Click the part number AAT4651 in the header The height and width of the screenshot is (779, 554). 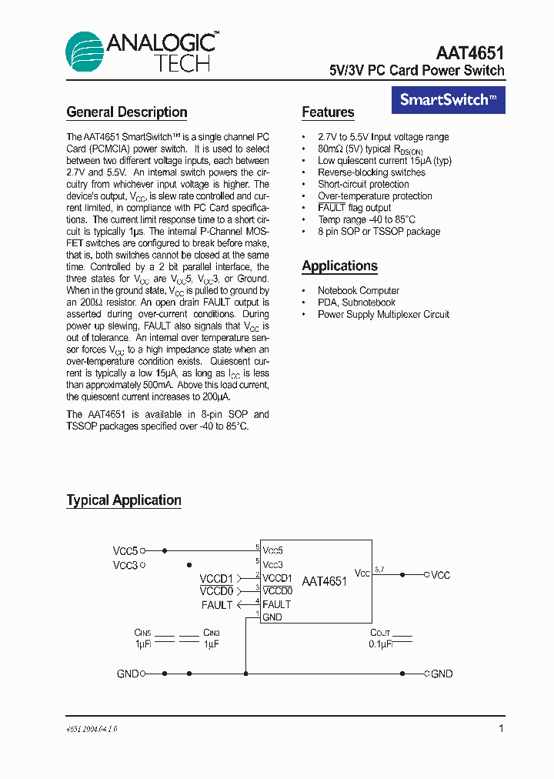coord(470,53)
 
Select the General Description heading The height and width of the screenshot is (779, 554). coord(127,112)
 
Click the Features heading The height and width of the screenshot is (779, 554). coord(328,112)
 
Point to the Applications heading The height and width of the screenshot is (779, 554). coord(339,266)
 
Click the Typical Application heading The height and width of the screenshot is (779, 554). coord(124,500)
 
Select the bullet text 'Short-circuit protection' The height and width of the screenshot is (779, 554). coord(363,184)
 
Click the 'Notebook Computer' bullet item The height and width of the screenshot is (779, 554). coord(358,290)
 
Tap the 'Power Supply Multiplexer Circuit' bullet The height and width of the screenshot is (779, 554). coord(383,314)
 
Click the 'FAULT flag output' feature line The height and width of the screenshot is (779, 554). coord(354,208)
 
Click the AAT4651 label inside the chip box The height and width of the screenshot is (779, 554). coord(324,582)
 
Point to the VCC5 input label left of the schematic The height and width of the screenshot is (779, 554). coord(125,551)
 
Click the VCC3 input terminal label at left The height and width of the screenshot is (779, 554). coord(125,565)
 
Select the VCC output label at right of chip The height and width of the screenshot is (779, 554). coord(440,575)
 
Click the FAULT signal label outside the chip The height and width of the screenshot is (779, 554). coord(217,605)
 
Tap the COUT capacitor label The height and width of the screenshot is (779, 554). coord(380,633)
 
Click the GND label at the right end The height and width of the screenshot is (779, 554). coord(442,674)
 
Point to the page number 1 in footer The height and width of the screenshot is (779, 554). coord(502,727)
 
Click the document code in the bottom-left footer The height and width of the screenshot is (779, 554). coord(92,728)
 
